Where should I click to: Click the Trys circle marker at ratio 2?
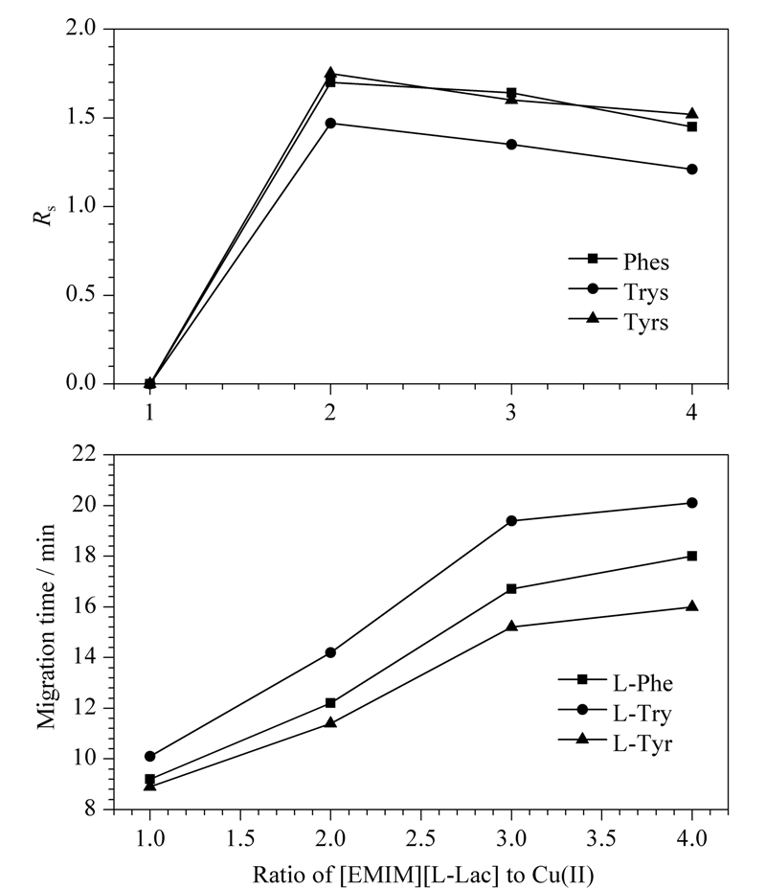(x=330, y=123)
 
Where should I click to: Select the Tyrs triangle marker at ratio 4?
(x=691, y=114)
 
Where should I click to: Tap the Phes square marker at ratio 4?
(x=691, y=126)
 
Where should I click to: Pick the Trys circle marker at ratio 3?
(x=511, y=145)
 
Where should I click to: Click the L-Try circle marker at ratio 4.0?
(x=691, y=503)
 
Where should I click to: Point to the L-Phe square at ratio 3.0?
(x=511, y=588)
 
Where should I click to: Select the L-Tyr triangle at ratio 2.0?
(x=330, y=722)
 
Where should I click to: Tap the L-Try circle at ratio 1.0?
(x=149, y=756)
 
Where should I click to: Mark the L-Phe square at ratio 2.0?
(x=330, y=703)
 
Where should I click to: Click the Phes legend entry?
(x=619, y=262)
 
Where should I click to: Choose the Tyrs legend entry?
(x=619, y=322)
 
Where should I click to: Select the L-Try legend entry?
(x=616, y=713)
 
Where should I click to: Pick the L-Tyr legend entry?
(x=616, y=742)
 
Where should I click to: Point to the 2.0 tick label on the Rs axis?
(x=81, y=28)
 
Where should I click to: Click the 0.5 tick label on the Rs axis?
(x=81, y=294)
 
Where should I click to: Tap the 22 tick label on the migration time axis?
(x=85, y=454)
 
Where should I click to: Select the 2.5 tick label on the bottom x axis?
(x=420, y=837)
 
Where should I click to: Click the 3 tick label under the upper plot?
(x=511, y=412)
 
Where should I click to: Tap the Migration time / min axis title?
(x=46, y=626)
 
